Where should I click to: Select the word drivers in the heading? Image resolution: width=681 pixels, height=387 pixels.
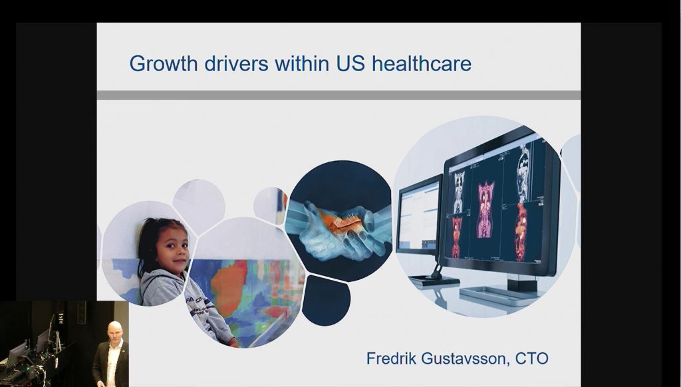236,63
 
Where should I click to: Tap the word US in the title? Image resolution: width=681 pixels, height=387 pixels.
350,63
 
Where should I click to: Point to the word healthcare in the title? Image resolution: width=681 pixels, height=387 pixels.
421,63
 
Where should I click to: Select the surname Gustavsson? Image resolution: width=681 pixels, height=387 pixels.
465,359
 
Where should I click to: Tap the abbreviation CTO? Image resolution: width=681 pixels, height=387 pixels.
531,359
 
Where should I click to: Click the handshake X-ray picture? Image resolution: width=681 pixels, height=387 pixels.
339,221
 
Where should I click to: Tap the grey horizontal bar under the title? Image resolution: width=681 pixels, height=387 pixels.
339,95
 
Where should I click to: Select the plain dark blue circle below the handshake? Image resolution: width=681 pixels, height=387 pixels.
326,300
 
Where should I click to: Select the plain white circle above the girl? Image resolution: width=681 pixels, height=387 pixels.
199,206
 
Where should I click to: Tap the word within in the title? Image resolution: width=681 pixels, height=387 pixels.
302,63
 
